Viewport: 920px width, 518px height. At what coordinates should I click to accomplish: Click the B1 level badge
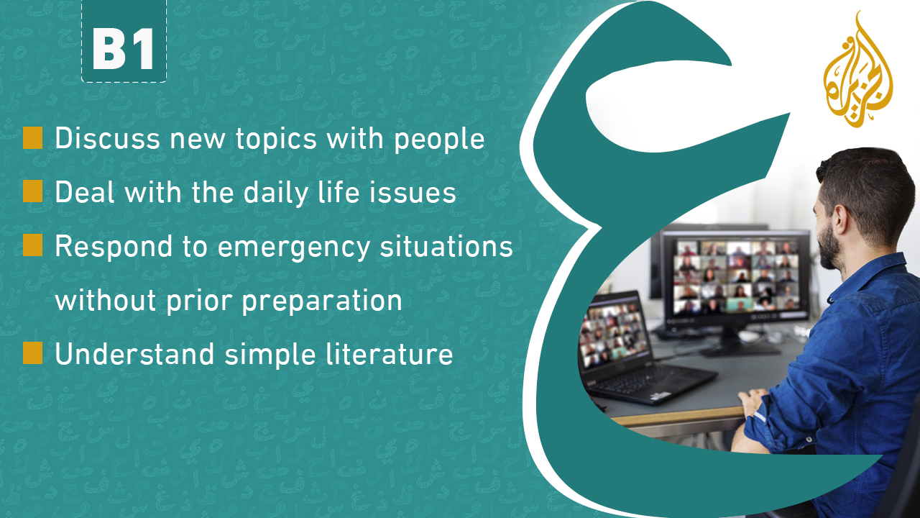[x=124, y=41]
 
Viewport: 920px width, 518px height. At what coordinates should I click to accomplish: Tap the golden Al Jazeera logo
[x=858, y=70]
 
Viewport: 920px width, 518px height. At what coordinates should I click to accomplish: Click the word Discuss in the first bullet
[x=108, y=138]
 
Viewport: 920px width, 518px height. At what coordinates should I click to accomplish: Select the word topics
[x=276, y=140]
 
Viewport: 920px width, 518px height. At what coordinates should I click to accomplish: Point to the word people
[x=439, y=140]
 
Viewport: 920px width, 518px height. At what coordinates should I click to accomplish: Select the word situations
[x=446, y=247]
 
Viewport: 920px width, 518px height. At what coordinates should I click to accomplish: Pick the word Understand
[x=134, y=354]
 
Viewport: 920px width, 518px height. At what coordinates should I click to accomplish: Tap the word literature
[x=390, y=354]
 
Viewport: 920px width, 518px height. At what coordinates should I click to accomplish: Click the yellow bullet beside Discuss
[x=33, y=137]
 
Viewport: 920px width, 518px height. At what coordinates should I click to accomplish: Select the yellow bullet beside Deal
[x=33, y=191]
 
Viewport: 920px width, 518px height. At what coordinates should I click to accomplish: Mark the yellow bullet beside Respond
[x=33, y=245]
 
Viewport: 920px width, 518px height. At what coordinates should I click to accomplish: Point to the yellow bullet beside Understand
[x=33, y=353]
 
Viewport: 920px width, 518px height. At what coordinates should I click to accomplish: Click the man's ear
[x=840, y=219]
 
